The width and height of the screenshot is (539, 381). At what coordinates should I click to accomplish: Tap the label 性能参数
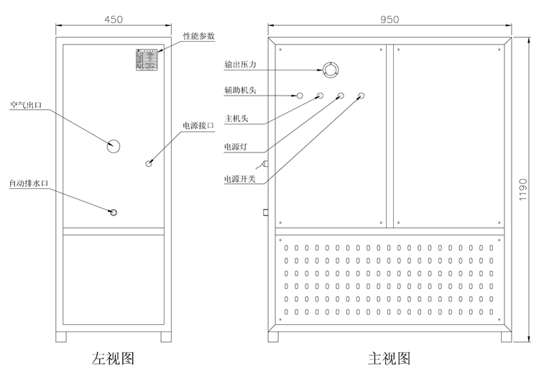[198, 35]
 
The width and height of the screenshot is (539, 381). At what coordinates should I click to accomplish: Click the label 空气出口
[26, 105]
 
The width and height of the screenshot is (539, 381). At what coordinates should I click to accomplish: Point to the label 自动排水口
[28, 184]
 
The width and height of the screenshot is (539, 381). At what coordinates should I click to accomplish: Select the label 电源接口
[198, 125]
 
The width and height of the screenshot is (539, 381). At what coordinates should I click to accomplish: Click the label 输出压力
[239, 64]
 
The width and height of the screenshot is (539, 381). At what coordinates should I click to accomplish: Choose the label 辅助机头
[239, 91]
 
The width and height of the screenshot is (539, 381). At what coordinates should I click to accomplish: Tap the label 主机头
[236, 119]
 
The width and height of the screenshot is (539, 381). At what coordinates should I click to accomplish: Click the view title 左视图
[113, 357]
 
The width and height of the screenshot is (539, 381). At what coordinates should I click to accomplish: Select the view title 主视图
[389, 357]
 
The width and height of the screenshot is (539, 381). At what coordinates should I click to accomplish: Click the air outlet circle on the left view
[114, 146]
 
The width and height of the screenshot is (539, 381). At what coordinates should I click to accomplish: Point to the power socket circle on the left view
[149, 163]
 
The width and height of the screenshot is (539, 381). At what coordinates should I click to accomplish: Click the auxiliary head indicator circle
[300, 95]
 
